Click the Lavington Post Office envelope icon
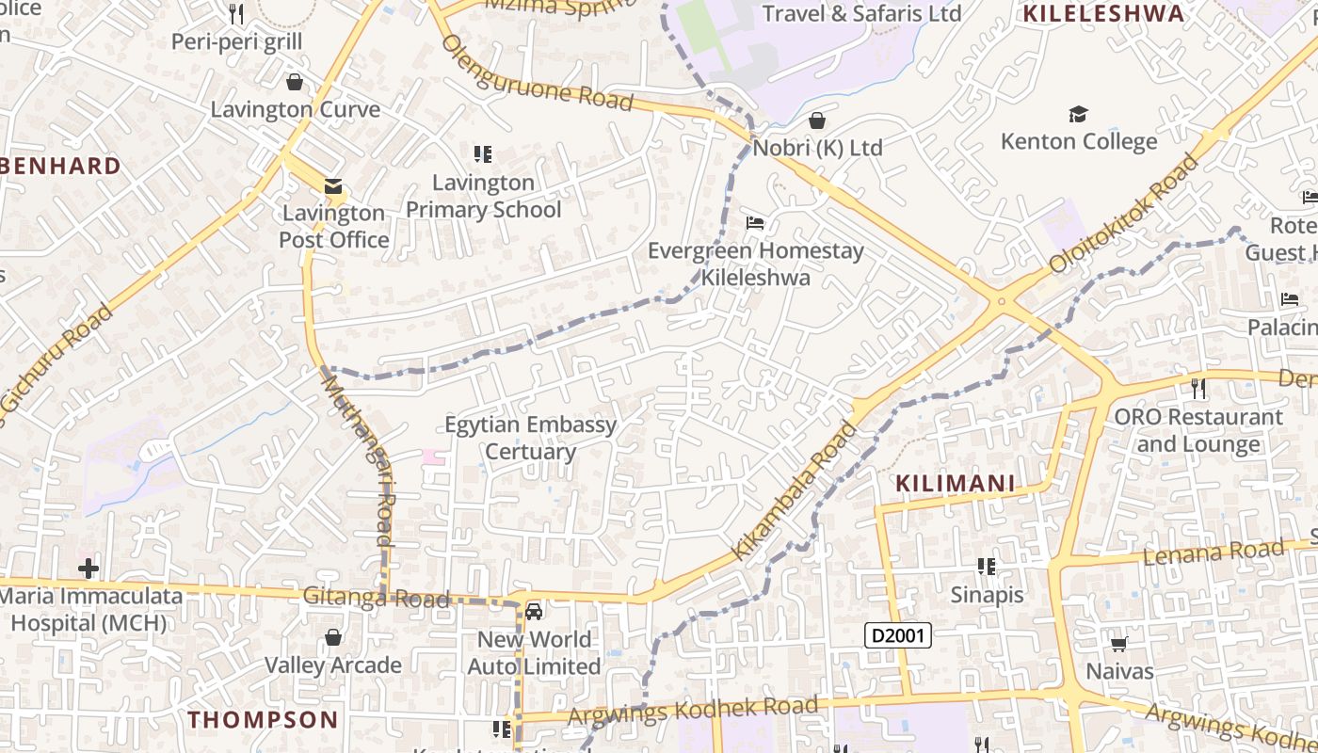pyautogui.click(x=333, y=186)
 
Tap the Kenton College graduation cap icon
pyautogui.click(x=1078, y=115)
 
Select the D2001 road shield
pyautogui.click(x=898, y=636)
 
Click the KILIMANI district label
pyautogui.click(x=955, y=484)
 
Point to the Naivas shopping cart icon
pyautogui.click(x=1118, y=645)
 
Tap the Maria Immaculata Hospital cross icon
pyautogui.click(x=88, y=569)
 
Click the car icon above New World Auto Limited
pyautogui.click(x=534, y=612)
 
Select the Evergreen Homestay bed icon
pyautogui.click(x=755, y=223)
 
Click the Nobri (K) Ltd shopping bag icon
pyautogui.click(x=817, y=120)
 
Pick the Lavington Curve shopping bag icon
pyautogui.click(x=295, y=82)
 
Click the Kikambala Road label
pyautogui.click(x=796, y=491)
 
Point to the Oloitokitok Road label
pyautogui.click(x=1125, y=215)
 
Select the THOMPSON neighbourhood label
pyautogui.click(x=263, y=720)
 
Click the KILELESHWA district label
pyautogui.click(x=1102, y=13)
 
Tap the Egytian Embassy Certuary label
pyautogui.click(x=530, y=438)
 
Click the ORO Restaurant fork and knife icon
pyautogui.click(x=1197, y=388)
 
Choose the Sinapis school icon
pyautogui.click(x=987, y=567)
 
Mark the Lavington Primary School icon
pyautogui.click(x=483, y=153)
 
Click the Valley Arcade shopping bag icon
pyautogui.click(x=332, y=637)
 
